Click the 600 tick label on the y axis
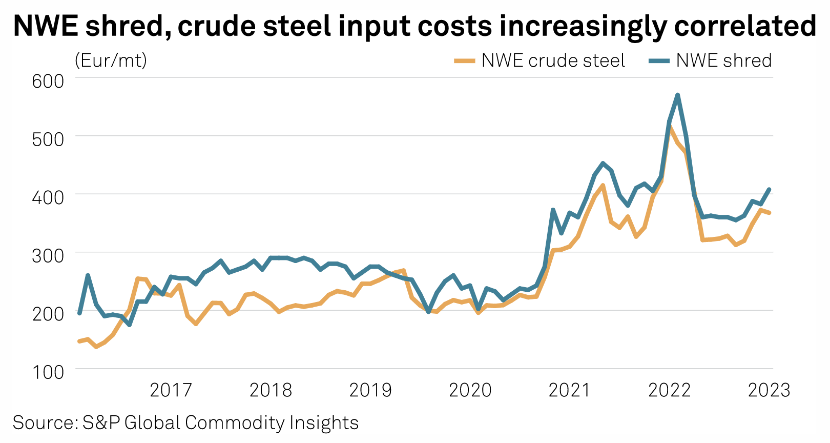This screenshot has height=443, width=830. click(x=48, y=81)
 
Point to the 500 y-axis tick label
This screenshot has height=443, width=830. click(x=48, y=139)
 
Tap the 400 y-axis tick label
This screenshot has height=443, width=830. click(x=48, y=197)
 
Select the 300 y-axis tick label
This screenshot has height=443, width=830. click(x=48, y=255)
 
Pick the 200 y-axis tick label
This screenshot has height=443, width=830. click(x=48, y=314)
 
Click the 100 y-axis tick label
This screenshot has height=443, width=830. click(x=48, y=372)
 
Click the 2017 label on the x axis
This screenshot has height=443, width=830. click(x=171, y=390)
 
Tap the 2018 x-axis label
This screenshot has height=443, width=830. click(x=271, y=390)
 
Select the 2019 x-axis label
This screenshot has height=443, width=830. click(x=370, y=390)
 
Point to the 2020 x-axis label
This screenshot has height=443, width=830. click(x=470, y=390)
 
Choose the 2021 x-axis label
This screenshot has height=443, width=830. click(x=569, y=390)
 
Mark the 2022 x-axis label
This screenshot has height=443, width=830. click(x=669, y=390)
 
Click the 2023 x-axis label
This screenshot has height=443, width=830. click(x=769, y=390)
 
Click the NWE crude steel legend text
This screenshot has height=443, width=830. click(x=553, y=61)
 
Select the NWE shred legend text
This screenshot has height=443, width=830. click(x=723, y=61)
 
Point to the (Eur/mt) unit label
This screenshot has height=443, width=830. click(x=111, y=61)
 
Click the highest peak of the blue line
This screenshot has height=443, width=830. click(x=677, y=95)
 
